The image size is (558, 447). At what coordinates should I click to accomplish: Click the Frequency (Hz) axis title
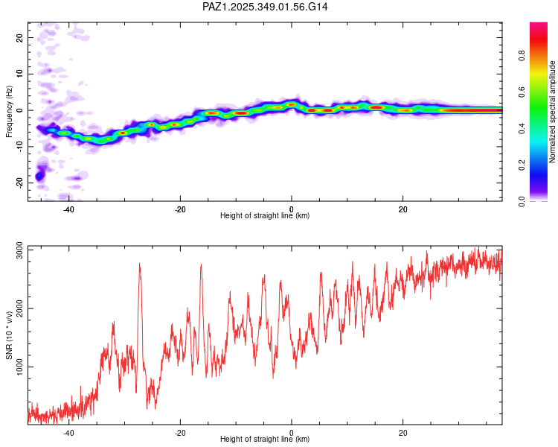click(9, 111)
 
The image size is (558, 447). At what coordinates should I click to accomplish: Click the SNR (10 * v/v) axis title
click(9, 335)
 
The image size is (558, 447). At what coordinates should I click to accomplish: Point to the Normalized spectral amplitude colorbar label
click(553, 111)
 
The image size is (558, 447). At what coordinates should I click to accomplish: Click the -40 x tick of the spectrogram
click(68, 209)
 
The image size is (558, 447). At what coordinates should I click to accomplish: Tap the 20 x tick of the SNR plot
click(403, 432)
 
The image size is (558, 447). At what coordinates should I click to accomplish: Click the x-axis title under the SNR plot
click(265, 440)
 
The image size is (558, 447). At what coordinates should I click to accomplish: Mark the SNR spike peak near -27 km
click(139, 264)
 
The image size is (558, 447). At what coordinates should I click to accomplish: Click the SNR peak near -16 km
click(201, 265)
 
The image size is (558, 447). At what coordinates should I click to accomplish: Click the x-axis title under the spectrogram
click(265, 216)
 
